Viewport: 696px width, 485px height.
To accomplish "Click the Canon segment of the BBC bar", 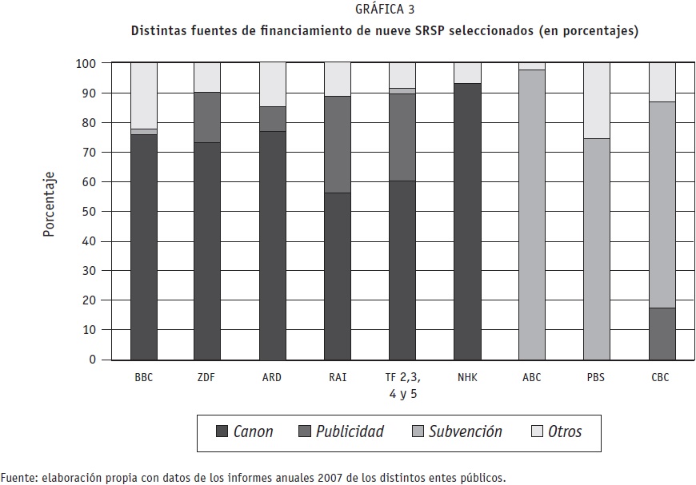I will tap(144, 247).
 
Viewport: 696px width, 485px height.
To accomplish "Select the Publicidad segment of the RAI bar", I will tap(338, 145).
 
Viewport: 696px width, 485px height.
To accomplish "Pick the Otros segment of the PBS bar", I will tap(596, 101).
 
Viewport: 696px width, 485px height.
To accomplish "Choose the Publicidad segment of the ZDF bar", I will tap(207, 117).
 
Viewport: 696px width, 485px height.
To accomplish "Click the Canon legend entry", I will tap(245, 432).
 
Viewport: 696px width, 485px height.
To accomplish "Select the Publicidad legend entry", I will tap(341, 432).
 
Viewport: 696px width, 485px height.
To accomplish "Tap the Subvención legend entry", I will tap(456, 432).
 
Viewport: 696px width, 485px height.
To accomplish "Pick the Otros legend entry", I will tap(556, 432).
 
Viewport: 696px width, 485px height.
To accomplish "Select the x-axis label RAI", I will tap(338, 378).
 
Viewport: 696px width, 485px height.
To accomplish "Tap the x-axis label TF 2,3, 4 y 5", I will tap(402, 385).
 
